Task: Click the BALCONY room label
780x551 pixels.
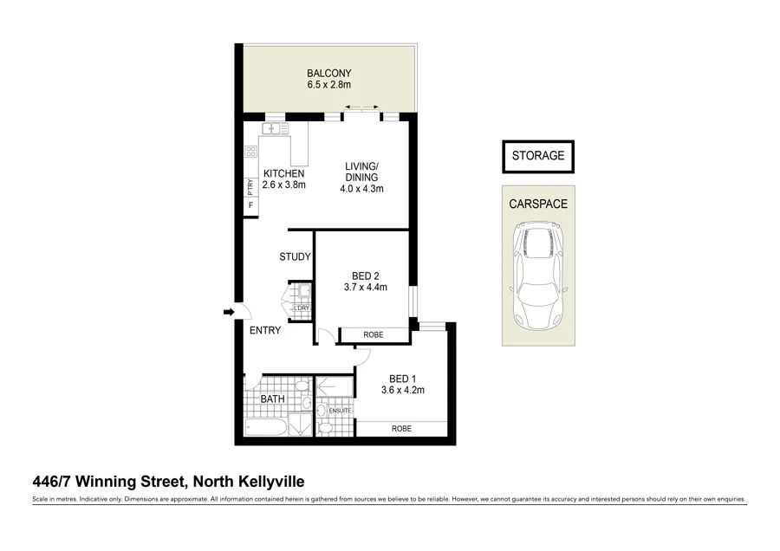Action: [x=328, y=73]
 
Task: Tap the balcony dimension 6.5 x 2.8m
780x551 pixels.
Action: [x=328, y=86]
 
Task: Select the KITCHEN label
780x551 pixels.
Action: [x=283, y=173]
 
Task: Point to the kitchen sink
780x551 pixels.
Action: [x=275, y=129]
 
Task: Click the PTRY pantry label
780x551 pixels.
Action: [x=250, y=185]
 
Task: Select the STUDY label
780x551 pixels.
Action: [x=295, y=257]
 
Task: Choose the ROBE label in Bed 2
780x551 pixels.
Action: [x=374, y=334]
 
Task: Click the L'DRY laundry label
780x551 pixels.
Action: [x=302, y=308]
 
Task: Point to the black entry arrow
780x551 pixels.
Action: [x=229, y=312]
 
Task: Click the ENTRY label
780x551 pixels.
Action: [x=264, y=330]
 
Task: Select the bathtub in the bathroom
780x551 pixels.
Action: [x=263, y=427]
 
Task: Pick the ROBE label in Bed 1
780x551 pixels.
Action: [x=400, y=429]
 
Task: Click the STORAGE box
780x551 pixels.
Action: [x=537, y=156]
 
